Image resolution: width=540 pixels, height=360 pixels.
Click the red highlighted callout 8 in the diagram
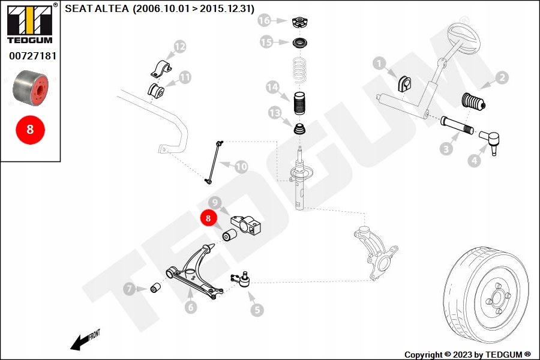[208, 218]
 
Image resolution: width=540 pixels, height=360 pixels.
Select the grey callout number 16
[265, 21]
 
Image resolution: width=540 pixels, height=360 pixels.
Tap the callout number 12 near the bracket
[179, 46]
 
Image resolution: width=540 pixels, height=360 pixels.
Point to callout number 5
[257, 310]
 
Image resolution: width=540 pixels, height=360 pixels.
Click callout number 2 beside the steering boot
[502, 77]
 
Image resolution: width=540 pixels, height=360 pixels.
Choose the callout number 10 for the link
[241, 166]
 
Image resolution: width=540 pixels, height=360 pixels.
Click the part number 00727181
[32, 56]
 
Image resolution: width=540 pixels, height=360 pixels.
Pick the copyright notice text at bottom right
[467, 355]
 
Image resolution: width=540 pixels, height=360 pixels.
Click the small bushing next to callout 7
[155, 289]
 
